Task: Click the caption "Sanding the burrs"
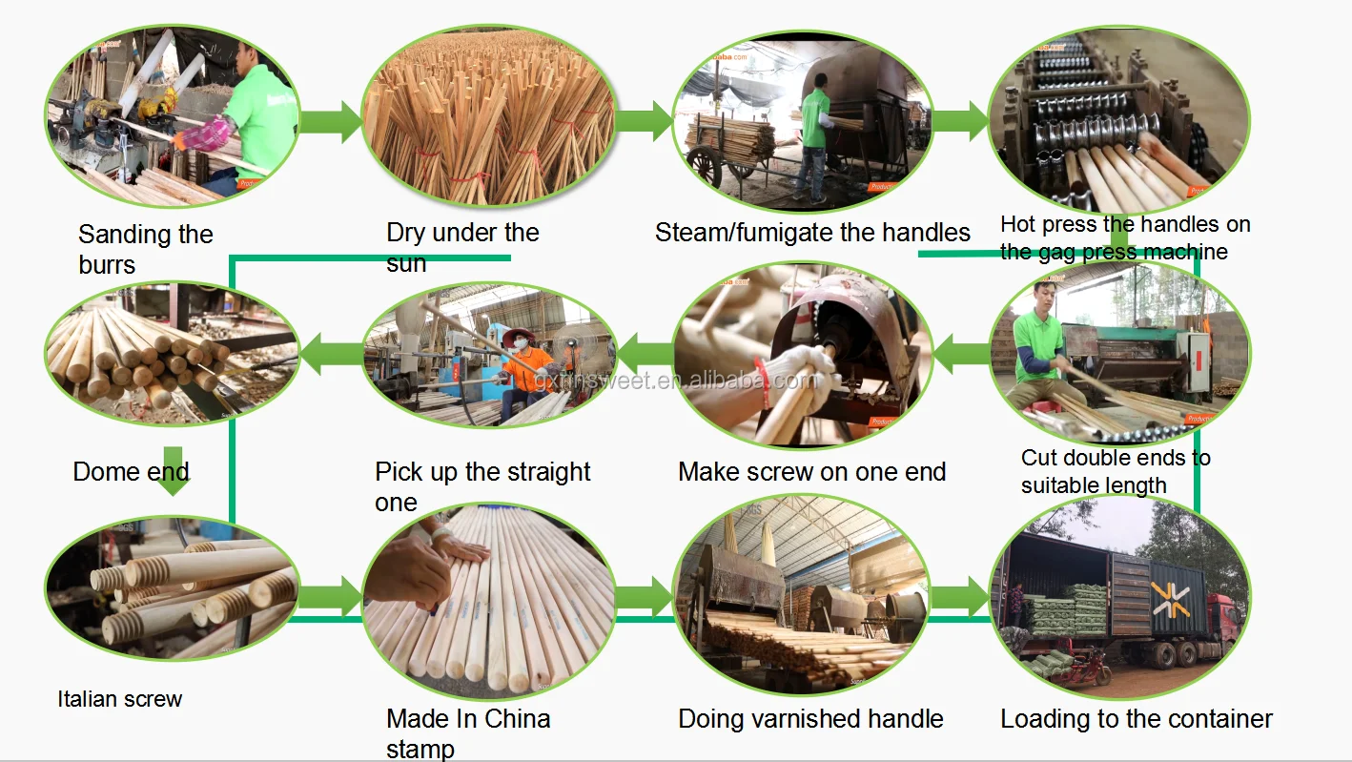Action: pos(145,248)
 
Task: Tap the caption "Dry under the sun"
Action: pos(462,247)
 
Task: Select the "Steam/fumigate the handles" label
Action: pos(811,233)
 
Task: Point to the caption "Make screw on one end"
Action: pos(811,471)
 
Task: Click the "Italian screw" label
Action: pos(119,699)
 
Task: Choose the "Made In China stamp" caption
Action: pos(468,732)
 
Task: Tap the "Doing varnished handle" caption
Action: pos(810,718)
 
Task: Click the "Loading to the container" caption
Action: pos(1136,719)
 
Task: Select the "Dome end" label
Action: pos(131,471)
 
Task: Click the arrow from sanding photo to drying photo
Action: pos(330,123)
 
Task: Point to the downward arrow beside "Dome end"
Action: pos(173,471)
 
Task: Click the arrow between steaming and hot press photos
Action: pos(959,121)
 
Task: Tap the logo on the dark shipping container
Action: pos(1170,599)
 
